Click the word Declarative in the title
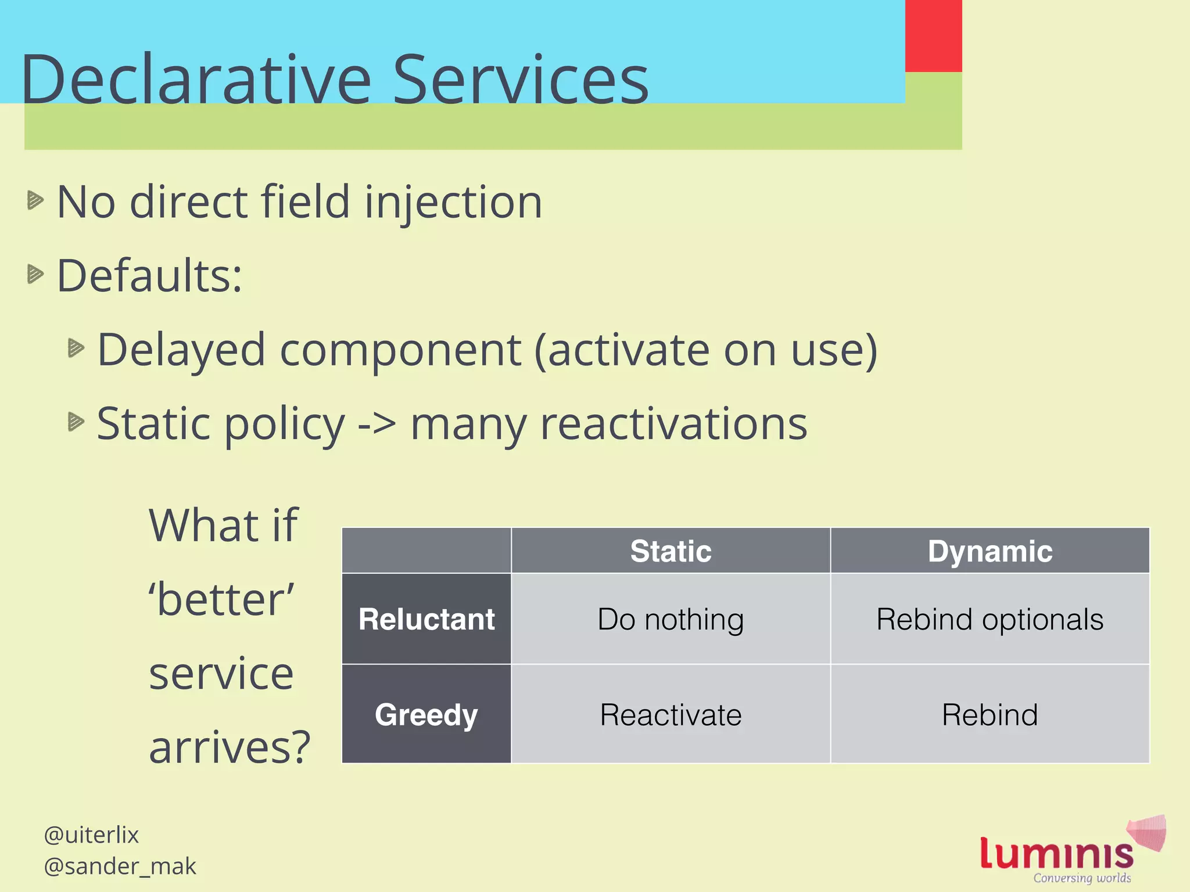(196, 80)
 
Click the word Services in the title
(521, 80)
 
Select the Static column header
(671, 551)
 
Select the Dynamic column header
(990, 551)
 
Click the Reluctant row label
(426, 619)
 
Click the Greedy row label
(426, 714)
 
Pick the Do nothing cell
(671, 619)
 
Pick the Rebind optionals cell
(990, 619)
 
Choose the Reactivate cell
(671, 714)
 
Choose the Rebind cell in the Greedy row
(990, 714)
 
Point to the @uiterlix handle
(91, 835)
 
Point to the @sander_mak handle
(120, 866)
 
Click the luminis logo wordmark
(1056, 854)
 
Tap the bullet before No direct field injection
(35, 200)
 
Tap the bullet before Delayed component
(76, 348)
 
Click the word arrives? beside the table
(230, 747)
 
